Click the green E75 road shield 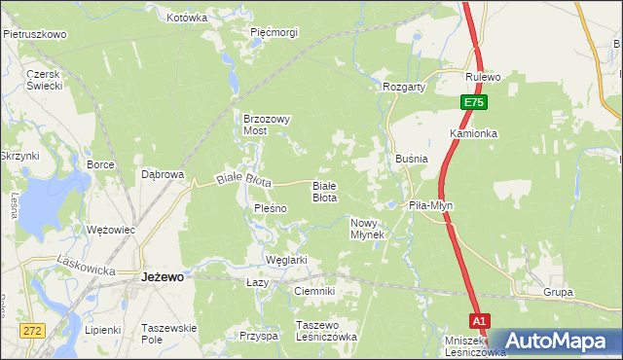click(x=473, y=102)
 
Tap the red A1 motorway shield click(x=478, y=320)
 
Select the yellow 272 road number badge click(x=34, y=331)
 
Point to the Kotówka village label click(x=187, y=18)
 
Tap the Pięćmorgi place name click(x=274, y=32)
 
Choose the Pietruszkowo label click(x=34, y=34)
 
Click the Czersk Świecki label click(x=45, y=80)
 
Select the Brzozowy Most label click(x=267, y=125)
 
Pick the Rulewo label click(x=483, y=77)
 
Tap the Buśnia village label click(x=413, y=158)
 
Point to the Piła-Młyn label click(x=430, y=205)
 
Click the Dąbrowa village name click(x=163, y=175)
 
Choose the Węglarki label click(x=286, y=260)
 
